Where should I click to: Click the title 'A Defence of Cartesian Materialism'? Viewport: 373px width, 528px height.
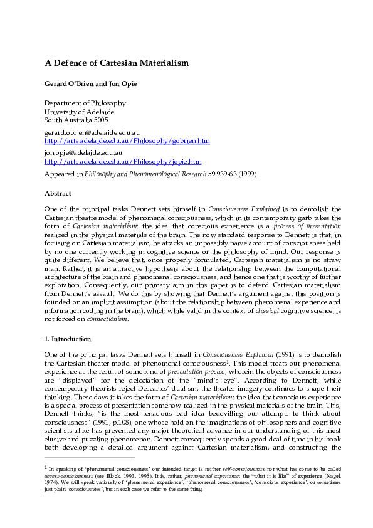click(x=116, y=63)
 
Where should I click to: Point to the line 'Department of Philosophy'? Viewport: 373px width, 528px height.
click(x=85, y=103)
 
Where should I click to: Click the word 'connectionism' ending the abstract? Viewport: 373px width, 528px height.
click(x=107, y=319)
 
